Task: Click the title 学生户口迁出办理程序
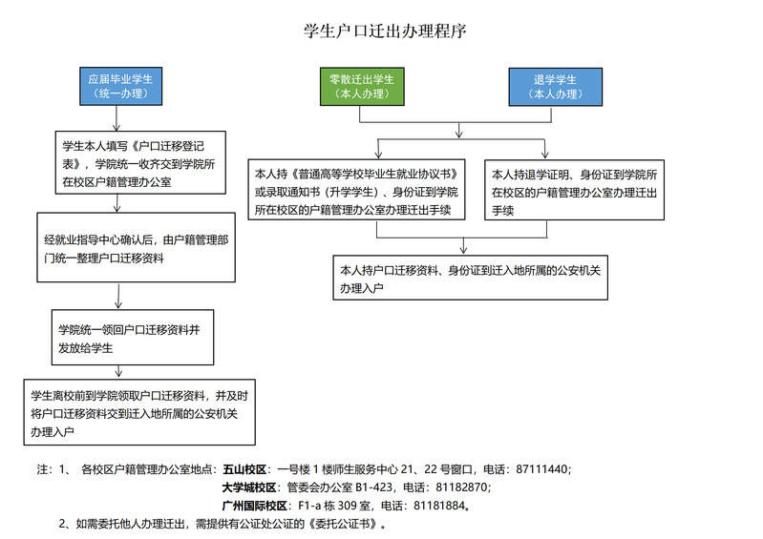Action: click(385, 31)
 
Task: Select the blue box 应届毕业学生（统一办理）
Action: click(120, 87)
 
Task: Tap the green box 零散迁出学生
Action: click(362, 87)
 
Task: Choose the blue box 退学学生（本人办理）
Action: click(555, 87)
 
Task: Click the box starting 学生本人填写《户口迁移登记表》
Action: click(140, 162)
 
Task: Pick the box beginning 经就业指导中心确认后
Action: click(137, 247)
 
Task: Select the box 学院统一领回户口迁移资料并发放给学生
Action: click(133, 338)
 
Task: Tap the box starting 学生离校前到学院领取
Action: click(139, 412)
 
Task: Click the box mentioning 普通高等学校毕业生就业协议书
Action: click(357, 190)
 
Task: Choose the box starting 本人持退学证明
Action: click(574, 190)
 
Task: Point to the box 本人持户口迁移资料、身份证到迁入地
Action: click(471, 278)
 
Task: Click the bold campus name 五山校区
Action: click(244, 469)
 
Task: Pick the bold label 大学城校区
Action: click(249, 487)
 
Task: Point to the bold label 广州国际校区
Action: click(255, 506)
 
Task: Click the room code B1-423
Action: click(373, 487)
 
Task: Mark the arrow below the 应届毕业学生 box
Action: click(117, 118)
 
